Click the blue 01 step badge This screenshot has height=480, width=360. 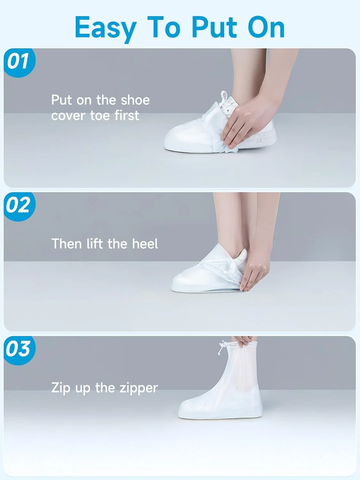(x=20, y=63)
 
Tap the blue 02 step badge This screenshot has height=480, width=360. (x=20, y=207)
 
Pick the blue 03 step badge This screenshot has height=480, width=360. (x=20, y=350)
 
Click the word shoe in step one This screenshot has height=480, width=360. (x=136, y=100)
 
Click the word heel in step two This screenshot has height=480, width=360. (x=145, y=244)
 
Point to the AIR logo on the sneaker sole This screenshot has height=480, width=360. (x=260, y=140)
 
